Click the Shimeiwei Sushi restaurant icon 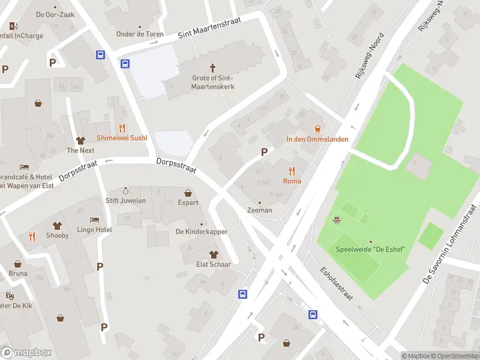pos(122,127)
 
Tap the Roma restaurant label pos(292,181)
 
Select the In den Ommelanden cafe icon pos(317,128)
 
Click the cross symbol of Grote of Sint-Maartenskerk pos(212,68)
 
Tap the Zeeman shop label pos(259,210)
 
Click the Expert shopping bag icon pos(188,193)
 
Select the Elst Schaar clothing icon pos(211,254)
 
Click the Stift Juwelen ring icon pos(125,191)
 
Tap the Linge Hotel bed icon pos(94,220)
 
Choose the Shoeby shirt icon pos(58,226)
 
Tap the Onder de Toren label pos(139,34)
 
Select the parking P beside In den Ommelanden pos(263,152)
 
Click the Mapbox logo pos(26,352)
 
